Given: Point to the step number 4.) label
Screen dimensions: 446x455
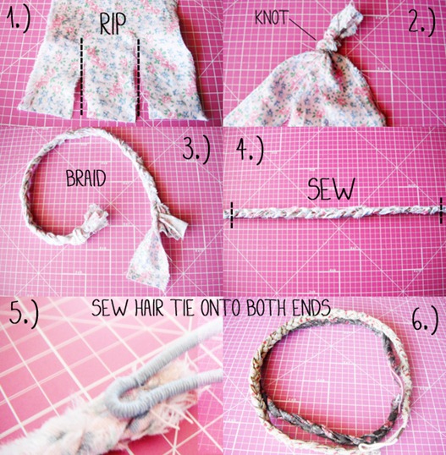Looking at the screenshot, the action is [x=250, y=149].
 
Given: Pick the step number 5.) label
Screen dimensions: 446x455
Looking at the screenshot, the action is [x=24, y=314].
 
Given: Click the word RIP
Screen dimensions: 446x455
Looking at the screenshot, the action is [x=113, y=24].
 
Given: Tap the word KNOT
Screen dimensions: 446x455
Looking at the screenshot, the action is [x=272, y=18].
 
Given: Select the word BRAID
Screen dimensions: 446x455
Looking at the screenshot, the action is [x=85, y=178].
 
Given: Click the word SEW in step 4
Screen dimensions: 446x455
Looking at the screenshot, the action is [x=331, y=189].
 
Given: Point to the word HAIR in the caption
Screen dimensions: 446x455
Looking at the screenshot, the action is [x=149, y=308].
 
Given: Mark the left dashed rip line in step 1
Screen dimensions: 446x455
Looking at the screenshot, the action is [x=81, y=76].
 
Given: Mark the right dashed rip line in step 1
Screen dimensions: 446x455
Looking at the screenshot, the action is [x=139, y=77].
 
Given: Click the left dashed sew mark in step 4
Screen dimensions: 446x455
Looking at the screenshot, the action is [x=231, y=215].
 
